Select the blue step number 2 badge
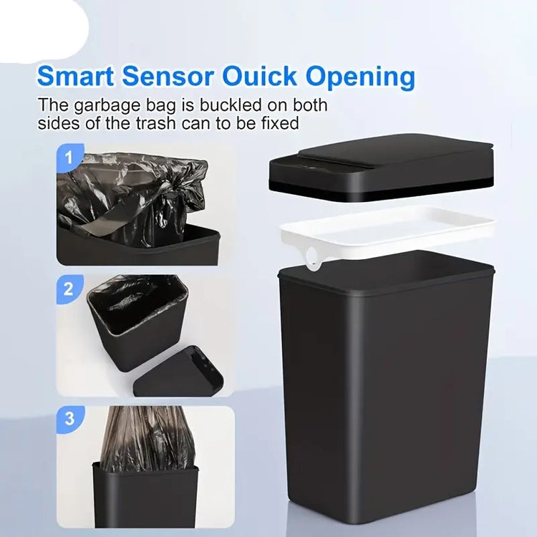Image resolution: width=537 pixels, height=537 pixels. point(69,289)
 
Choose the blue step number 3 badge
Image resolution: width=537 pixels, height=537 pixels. point(69,419)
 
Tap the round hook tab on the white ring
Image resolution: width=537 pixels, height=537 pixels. point(313,262)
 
